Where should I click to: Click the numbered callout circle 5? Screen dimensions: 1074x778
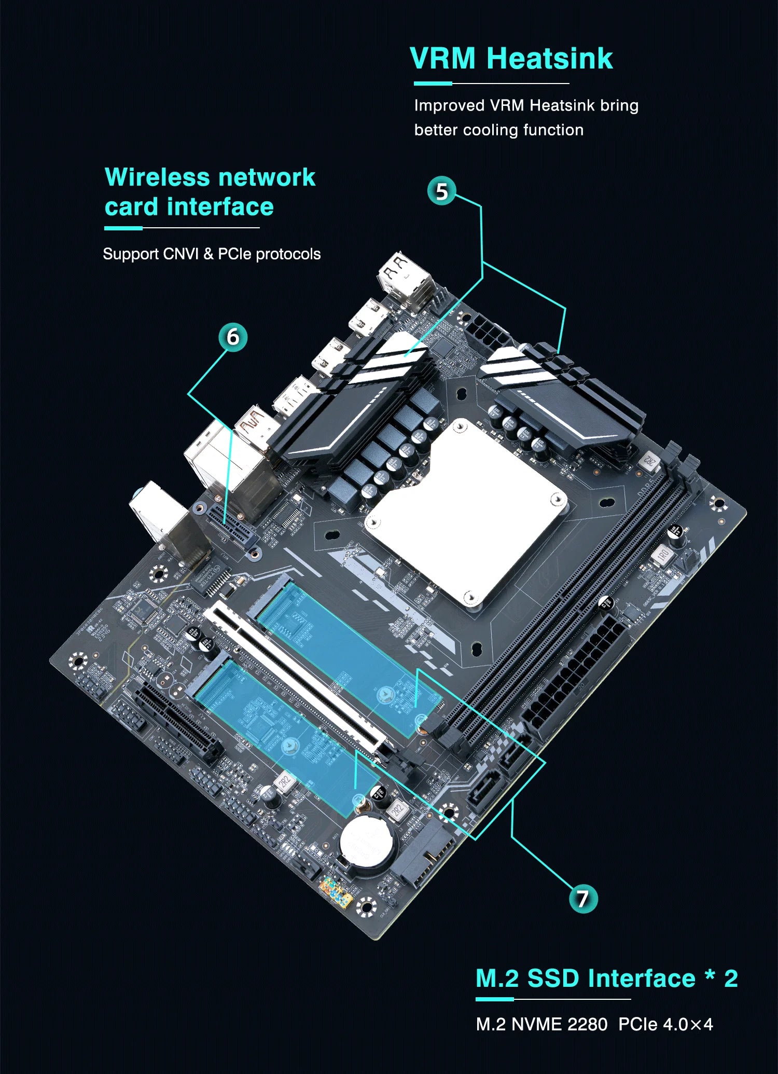(x=441, y=191)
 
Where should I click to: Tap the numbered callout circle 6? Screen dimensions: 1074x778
(x=233, y=337)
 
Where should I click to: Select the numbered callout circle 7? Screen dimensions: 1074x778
(x=583, y=899)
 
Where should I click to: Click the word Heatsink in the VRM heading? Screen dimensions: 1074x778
(x=550, y=58)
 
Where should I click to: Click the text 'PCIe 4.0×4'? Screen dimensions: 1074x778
(x=665, y=1024)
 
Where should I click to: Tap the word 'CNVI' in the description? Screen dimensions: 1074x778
(x=180, y=254)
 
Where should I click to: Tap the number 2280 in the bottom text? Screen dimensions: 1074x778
(x=587, y=1024)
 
